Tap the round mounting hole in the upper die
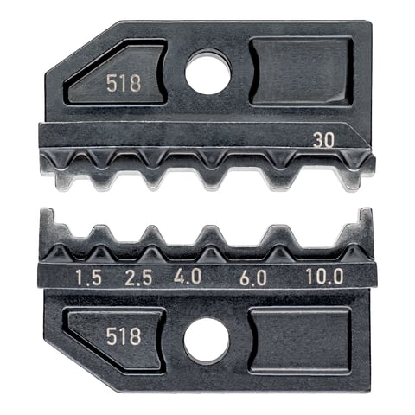[207, 73]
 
